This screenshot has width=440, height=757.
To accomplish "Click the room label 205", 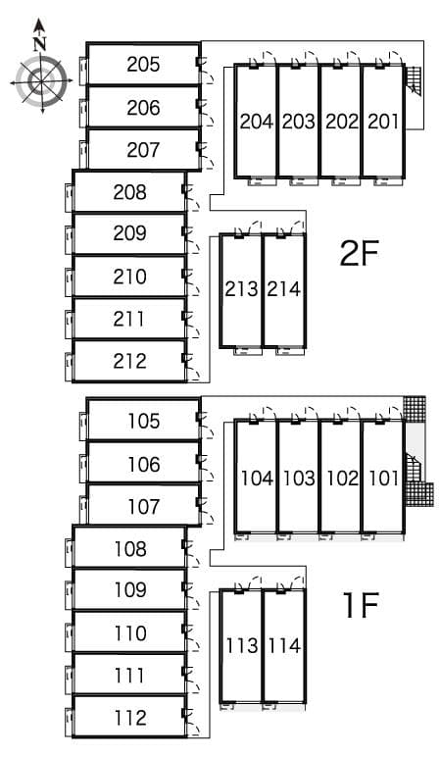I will coord(143,65).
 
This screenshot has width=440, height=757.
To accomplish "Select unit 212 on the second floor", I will coord(129,361).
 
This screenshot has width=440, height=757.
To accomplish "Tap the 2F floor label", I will coord(359,253).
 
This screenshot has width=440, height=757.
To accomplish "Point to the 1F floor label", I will coord(360,606).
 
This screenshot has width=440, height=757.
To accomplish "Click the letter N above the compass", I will coord(39,43).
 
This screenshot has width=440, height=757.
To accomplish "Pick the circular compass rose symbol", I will coord(40,80).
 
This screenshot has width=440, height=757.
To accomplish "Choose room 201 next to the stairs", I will coord(383,122).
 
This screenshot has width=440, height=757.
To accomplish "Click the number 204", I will coord(256,122).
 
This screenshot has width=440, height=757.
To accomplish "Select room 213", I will coord(241,289).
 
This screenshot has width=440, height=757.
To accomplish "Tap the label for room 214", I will coord(283,289).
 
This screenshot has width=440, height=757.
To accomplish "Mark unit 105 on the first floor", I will coord(143,422).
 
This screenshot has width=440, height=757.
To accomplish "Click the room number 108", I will coord(129,549).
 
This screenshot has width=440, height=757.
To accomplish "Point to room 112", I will coord(129,718).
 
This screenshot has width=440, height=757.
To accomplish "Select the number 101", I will coord(383,479).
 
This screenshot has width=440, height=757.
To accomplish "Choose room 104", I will coord(256,479).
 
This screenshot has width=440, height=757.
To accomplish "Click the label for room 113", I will coord(241,646).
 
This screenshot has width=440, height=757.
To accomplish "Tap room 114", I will coord(283,646).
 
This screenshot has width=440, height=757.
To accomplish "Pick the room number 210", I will coord(129,277).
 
